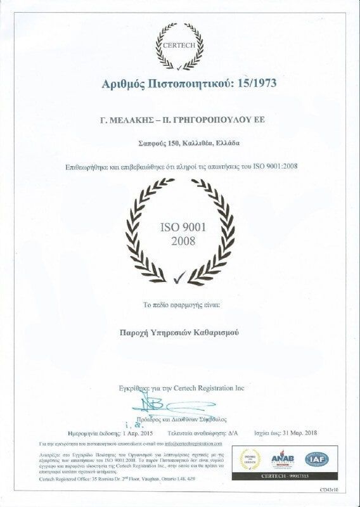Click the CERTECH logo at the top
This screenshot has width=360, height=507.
(x=180, y=46)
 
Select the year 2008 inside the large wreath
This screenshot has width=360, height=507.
(x=181, y=241)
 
